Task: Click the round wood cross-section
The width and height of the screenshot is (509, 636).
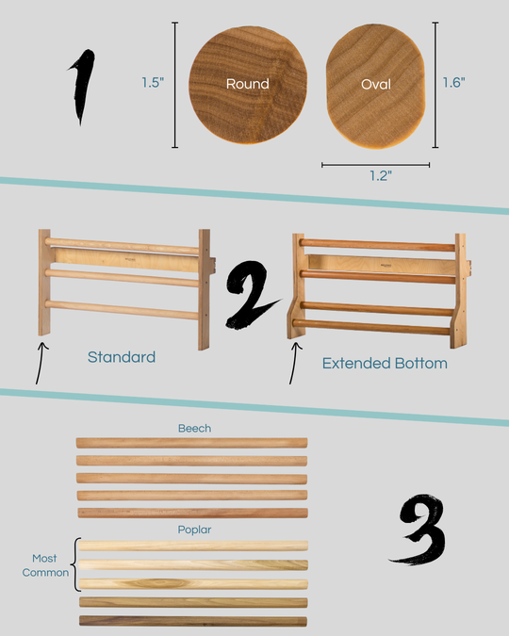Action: coord(248,85)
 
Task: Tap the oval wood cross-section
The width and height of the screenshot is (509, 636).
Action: coord(375,86)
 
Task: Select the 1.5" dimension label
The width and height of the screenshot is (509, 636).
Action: coord(153,82)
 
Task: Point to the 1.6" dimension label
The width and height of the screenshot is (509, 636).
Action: coord(453,82)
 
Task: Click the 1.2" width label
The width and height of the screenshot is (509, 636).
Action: coord(380,175)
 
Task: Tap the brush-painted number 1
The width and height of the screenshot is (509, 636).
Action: coord(82,87)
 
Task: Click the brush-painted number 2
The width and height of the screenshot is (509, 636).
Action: coord(251,295)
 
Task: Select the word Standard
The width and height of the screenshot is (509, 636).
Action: coord(122,357)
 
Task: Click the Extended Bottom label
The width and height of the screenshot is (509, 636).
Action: coord(385,363)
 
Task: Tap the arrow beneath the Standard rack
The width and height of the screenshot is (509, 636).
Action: coord(41,363)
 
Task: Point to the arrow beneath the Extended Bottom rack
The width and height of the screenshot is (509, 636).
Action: coord(295,363)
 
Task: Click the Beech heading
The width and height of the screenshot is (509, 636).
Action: coord(194,429)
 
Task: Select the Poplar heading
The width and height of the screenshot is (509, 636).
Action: coord(194,530)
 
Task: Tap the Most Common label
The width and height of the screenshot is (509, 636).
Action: coord(45,565)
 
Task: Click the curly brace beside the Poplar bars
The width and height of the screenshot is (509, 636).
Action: coord(75,564)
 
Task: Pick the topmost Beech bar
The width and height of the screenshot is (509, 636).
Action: coord(191,443)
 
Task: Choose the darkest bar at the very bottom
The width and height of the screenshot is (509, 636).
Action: coord(193,621)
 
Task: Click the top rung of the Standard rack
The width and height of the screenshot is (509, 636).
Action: coord(122,246)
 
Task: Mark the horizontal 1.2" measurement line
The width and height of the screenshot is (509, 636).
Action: coord(375,165)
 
